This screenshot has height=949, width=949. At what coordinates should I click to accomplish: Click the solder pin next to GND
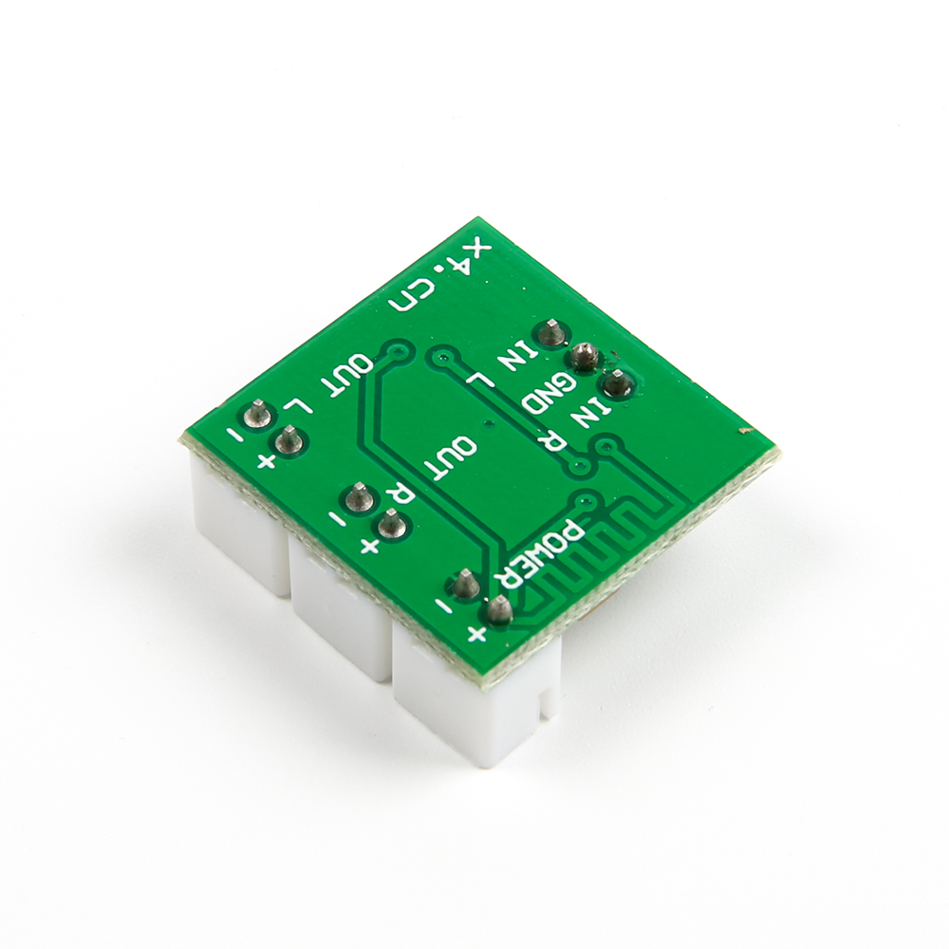pos(586,358)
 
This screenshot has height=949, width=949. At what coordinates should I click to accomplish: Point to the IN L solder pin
pos(550,333)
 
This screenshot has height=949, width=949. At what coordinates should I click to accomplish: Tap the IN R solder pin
pos(617,384)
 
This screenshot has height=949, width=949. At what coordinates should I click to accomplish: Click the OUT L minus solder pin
pos(256,413)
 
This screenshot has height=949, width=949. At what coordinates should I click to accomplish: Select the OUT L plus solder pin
pos(288,440)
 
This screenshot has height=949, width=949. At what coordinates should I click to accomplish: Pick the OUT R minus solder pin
pos(358,496)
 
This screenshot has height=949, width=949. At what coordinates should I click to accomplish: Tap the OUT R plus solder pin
pos(389,523)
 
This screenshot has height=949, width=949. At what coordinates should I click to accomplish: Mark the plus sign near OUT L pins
pos(267,461)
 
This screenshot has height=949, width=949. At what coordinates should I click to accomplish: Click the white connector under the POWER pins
pos(474,702)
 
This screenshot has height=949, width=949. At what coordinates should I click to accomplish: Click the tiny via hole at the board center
pos(487,424)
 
